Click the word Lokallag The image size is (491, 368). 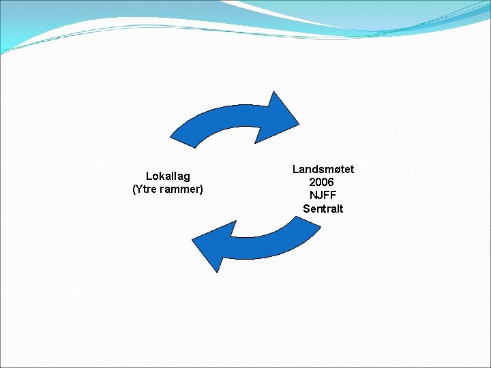click(168, 177)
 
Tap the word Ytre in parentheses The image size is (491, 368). click(148, 189)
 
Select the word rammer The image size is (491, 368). click(181, 189)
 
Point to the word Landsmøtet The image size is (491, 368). click(323, 169)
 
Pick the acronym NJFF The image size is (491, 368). click(323, 195)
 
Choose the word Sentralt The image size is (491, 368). click(323, 209)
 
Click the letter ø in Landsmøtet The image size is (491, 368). click(333, 169)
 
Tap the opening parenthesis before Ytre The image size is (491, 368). click(134, 189)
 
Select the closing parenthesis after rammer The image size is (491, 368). click(201, 189)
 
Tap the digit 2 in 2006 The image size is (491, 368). click(312, 182)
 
